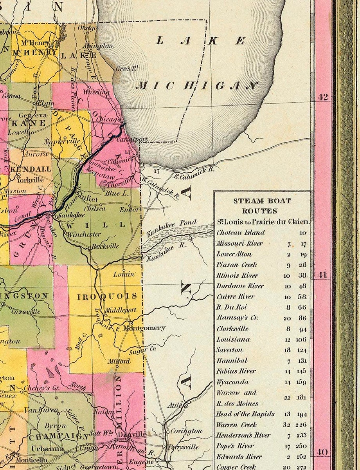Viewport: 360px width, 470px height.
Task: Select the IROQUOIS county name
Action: pos(107,296)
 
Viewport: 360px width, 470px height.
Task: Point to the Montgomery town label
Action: pos(144,328)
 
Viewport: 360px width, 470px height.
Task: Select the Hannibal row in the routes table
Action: pos(232,361)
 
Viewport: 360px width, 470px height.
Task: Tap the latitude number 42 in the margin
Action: pos(323,98)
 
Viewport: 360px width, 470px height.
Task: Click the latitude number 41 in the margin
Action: pos(322,276)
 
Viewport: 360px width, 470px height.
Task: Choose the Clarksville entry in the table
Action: pos(232,329)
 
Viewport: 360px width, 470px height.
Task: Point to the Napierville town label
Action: pos(59,141)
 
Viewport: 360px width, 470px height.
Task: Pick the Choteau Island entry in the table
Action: pos(241,233)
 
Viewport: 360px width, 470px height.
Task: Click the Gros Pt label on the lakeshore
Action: pos(128,69)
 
